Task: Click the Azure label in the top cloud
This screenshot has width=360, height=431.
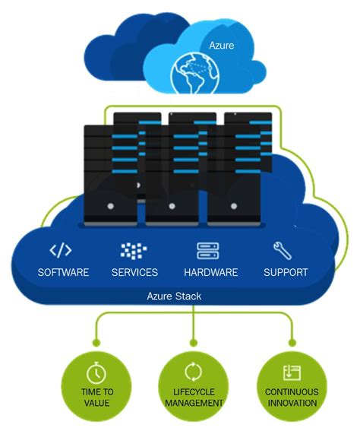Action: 222,46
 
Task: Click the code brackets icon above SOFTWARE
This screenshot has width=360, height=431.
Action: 62,250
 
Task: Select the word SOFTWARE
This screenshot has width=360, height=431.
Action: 63,272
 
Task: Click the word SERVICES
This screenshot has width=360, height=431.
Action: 134,272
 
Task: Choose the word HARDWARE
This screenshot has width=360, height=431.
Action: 210,272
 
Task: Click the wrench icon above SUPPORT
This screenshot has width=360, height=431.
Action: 282,250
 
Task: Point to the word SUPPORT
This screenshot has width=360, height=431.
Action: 286,272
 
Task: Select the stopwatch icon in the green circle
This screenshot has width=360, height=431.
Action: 96,373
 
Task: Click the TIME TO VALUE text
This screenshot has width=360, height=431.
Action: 96,397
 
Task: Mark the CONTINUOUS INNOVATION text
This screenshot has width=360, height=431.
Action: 292,397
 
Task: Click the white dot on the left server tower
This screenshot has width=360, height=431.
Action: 111,206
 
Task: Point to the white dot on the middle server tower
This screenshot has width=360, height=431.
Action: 172,206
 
